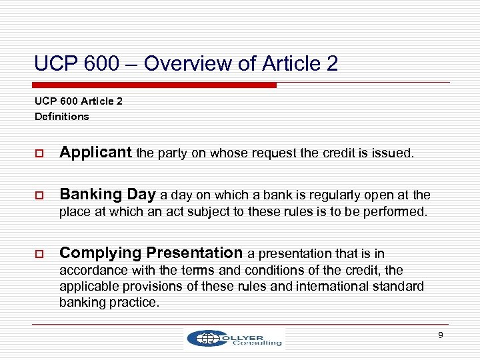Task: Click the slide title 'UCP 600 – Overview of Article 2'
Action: click(186, 64)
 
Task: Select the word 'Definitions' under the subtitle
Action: click(61, 117)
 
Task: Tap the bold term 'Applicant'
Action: click(96, 153)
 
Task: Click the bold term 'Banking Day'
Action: click(107, 195)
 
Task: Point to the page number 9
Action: click(440, 335)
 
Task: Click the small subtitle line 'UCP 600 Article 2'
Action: click(79, 102)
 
